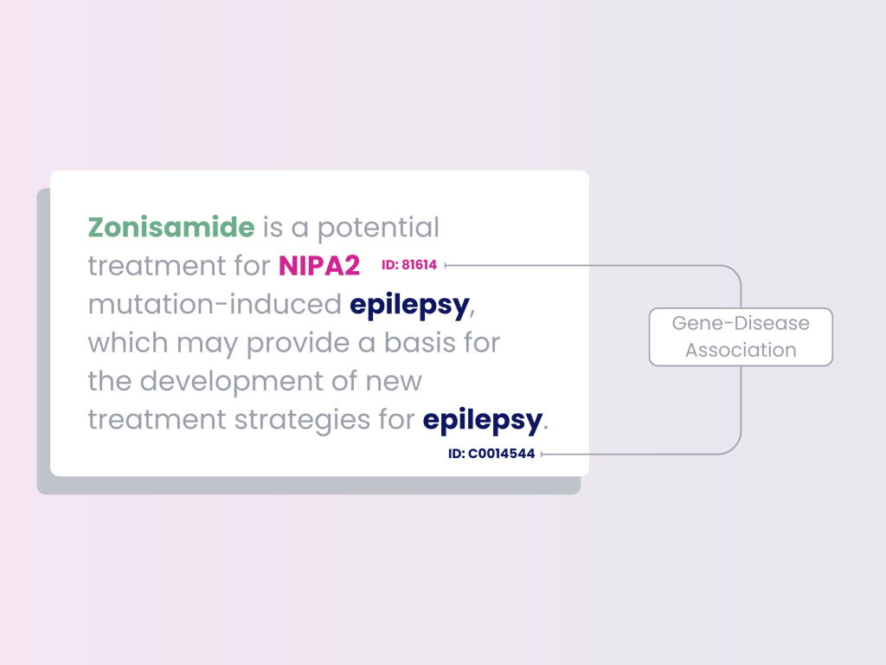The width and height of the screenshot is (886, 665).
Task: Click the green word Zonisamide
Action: pos(171,228)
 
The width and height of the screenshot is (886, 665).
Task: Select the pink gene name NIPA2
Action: pos(318,266)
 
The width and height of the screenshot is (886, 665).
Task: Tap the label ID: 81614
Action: pos(409,265)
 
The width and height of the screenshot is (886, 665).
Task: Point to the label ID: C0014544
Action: pos(491,453)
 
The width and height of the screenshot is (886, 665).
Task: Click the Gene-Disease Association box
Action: pos(741,337)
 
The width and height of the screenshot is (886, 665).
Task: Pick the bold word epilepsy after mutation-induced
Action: pos(409,305)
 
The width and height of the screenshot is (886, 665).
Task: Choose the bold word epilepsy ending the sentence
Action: pos(482,420)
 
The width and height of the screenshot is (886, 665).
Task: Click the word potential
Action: pos(378,228)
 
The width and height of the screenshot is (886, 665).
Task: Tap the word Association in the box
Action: pos(741,350)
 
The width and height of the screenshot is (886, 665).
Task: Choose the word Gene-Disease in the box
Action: pos(741,324)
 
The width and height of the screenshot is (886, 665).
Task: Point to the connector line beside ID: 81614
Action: pos(588,265)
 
